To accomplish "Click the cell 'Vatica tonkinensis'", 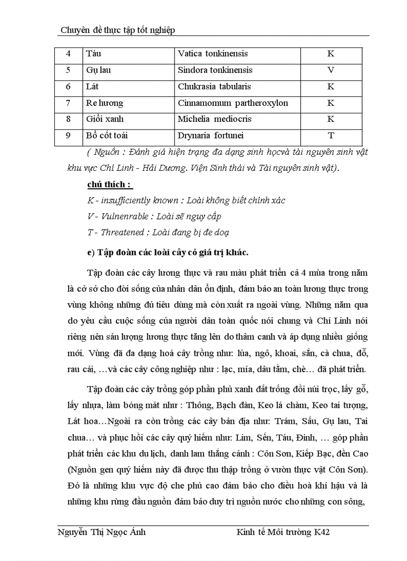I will click(x=212, y=54).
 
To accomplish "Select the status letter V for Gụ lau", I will click(x=330, y=70).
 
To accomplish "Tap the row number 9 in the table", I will click(x=68, y=136).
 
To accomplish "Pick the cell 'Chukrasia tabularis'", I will click(x=214, y=87).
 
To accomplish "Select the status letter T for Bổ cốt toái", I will click(x=330, y=136).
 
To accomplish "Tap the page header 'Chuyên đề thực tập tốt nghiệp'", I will click(x=118, y=30).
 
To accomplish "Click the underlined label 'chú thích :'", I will click(x=110, y=184).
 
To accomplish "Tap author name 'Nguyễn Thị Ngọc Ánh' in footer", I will click(x=102, y=533).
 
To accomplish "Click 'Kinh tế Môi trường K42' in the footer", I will click(x=283, y=533).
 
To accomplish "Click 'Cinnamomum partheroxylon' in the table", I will click(x=233, y=103).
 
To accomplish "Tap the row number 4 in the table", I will click(x=68, y=54).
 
